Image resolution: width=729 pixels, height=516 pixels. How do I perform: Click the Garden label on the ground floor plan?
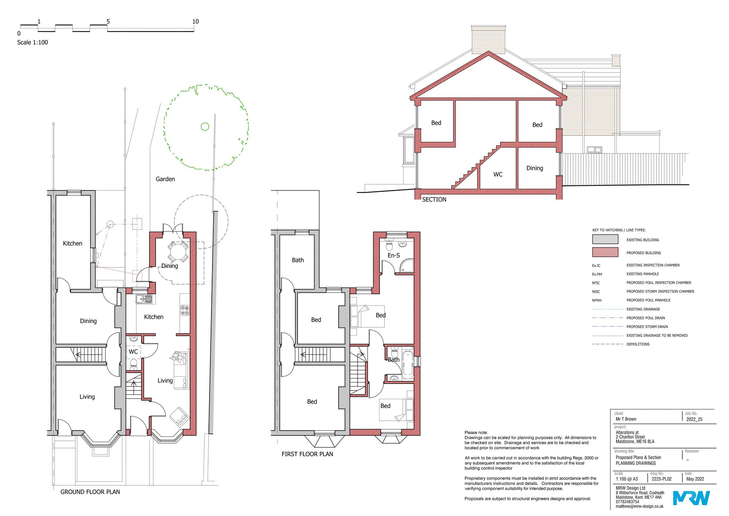click(165, 179)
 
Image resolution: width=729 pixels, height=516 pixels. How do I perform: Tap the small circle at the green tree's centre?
click(205, 127)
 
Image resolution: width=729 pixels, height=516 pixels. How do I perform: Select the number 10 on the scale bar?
click(195, 22)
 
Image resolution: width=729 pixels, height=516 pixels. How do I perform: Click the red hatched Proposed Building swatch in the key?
click(605, 252)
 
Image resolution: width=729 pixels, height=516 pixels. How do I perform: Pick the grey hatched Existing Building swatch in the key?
click(605, 239)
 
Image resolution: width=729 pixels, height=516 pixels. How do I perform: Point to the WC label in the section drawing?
click(498, 174)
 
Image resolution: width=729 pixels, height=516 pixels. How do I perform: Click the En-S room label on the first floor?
click(394, 255)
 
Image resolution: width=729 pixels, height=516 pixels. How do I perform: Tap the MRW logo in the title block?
click(691, 498)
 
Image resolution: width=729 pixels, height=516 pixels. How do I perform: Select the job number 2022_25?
click(694, 419)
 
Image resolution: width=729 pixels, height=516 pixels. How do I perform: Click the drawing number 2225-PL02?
click(662, 479)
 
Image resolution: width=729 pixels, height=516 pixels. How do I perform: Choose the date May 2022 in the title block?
click(695, 479)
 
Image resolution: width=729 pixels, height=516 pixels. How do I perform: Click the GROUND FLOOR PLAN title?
click(90, 492)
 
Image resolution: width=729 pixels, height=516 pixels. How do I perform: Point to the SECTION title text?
click(434, 200)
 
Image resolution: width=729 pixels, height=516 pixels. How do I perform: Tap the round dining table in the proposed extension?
click(178, 251)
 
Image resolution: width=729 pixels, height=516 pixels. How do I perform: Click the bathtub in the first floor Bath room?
click(408, 364)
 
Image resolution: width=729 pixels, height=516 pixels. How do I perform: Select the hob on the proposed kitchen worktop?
click(185, 310)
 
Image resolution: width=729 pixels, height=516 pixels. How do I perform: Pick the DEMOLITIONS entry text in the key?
click(638, 344)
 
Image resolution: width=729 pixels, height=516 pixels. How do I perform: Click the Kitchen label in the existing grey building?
click(73, 243)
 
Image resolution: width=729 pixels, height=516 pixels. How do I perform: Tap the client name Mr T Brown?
click(626, 419)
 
